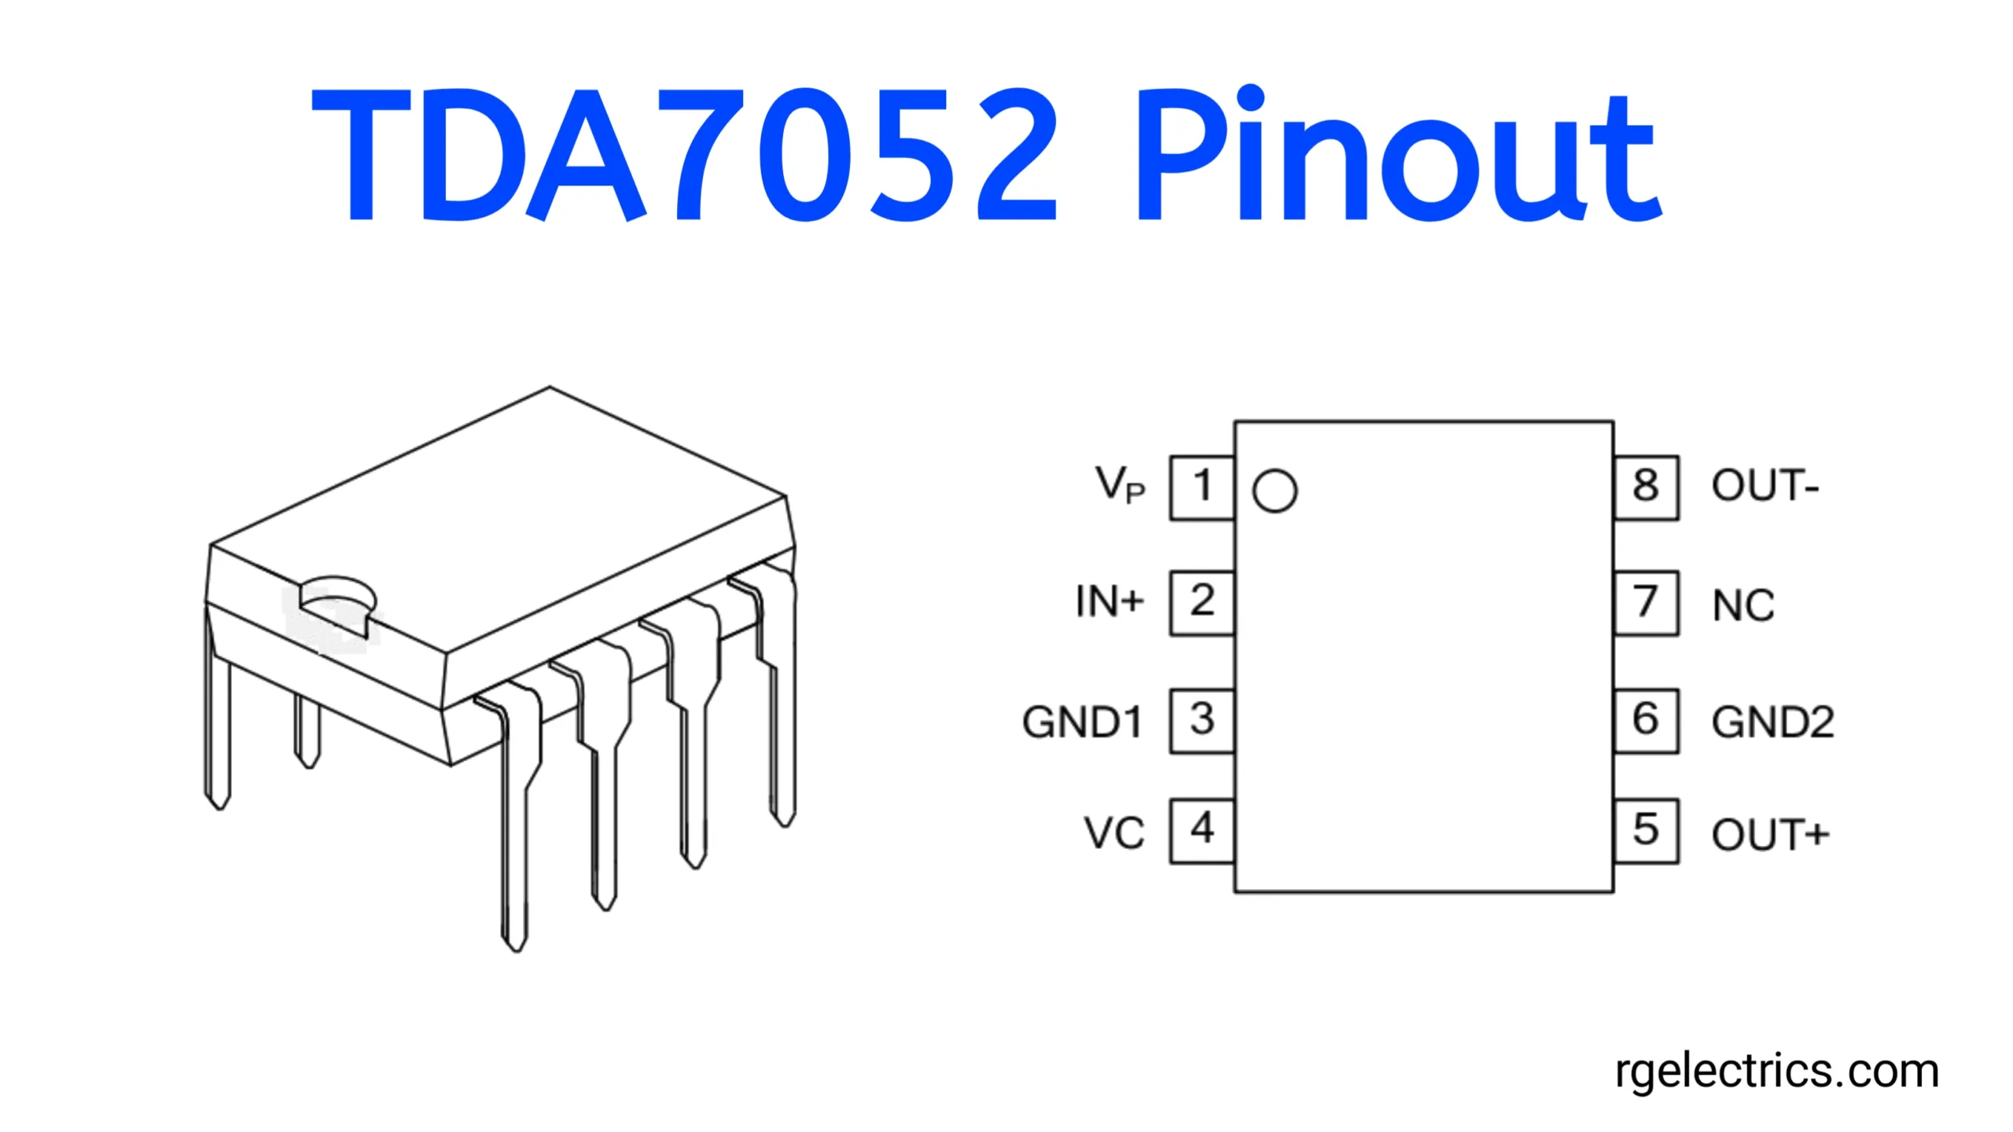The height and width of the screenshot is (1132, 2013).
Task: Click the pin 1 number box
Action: pos(1202,487)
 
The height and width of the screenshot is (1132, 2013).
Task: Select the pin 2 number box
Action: pos(1202,603)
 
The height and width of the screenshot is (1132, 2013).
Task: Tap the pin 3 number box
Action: pos(1202,721)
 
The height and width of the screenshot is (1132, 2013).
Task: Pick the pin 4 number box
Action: pos(1202,831)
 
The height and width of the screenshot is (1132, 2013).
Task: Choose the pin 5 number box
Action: pos(1647,831)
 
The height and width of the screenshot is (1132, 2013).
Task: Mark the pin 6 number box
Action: pos(1647,721)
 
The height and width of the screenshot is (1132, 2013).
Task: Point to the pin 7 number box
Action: pos(1647,603)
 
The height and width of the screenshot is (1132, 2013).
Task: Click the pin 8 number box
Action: pos(1647,487)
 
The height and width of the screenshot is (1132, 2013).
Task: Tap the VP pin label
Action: pos(1121,484)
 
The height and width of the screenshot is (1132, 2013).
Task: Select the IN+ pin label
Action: pos(1110,601)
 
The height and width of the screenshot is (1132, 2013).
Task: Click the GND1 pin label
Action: pos(1082,722)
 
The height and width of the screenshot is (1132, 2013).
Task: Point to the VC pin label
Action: pos(1114,833)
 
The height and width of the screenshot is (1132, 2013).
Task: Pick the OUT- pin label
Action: pos(1765,485)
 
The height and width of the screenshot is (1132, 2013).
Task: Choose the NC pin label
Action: pos(1743,605)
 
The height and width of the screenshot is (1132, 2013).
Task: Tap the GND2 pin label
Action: pos(1773,722)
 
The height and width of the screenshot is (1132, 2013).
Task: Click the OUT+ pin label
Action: pos(1771,834)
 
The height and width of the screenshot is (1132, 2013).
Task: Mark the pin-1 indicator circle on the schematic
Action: pos(1275,491)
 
